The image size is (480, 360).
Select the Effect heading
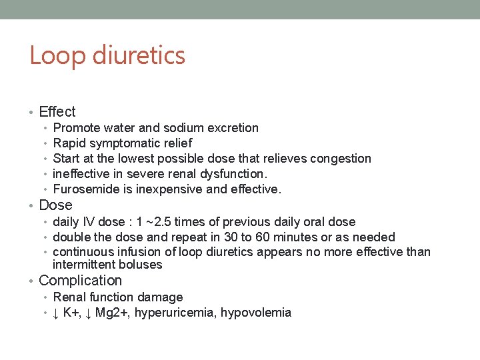click(57, 112)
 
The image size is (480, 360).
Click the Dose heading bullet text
click(55, 205)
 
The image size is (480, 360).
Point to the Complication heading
click(81, 281)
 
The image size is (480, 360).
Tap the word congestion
click(341, 159)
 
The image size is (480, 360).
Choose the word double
click(71, 237)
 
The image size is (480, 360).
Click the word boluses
click(141, 265)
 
